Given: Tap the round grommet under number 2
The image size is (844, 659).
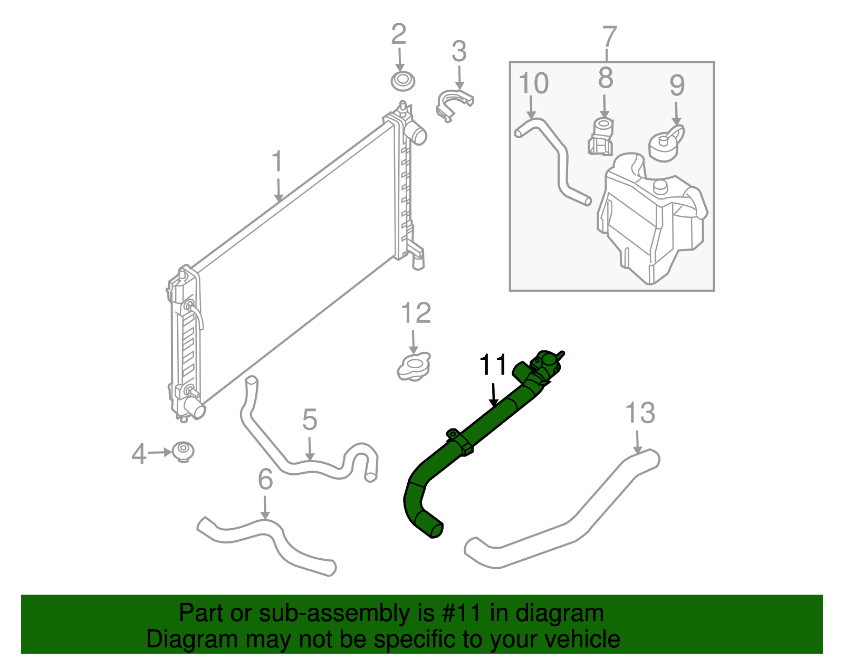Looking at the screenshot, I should pos(402,82).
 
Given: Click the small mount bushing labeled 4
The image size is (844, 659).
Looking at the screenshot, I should pos(183,452).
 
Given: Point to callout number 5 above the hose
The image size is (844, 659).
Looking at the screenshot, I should pos(310,420).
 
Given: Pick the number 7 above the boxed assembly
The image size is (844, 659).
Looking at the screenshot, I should pos(608,37).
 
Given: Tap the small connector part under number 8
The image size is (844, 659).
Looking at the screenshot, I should pos(601,137).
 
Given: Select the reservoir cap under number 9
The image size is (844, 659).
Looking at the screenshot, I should pos(666,143).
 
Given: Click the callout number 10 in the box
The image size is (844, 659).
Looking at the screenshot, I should pos(533,83).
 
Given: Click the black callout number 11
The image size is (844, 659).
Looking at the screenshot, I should pos(493,365).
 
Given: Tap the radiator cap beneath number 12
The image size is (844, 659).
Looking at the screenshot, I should pos(414,366).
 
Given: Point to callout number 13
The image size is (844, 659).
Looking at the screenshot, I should pos(640,413).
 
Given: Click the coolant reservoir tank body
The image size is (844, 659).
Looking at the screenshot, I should pos(649,222).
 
